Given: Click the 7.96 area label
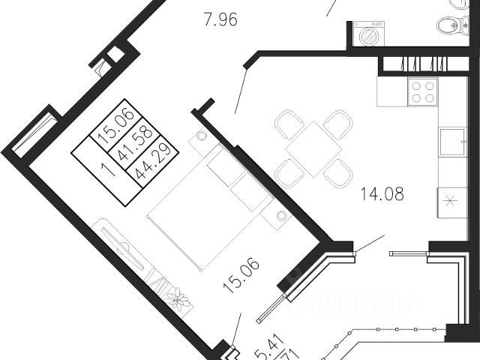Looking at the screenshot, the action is click(220, 20).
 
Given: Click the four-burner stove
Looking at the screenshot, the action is click(422, 92).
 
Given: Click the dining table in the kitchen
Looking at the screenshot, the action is click(313, 148).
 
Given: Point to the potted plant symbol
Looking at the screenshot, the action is click(178, 300).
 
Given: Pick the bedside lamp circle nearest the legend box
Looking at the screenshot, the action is click(202, 136).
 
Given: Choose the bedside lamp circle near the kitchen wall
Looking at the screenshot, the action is click(281, 215).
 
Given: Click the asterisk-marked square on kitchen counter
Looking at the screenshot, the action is click(451, 201).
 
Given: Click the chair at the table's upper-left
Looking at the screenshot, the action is click(288, 124).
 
